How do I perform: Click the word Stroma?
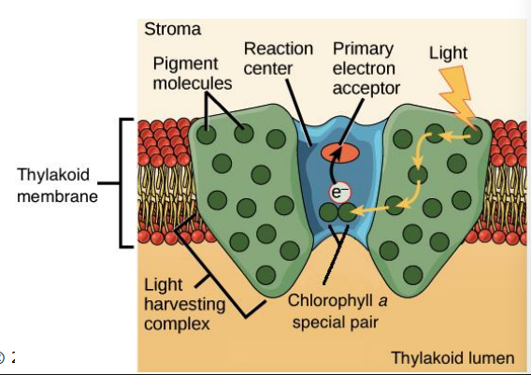[x=172, y=28]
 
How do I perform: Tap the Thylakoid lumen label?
[x=452, y=357]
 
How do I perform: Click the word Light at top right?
[x=448, y=52]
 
